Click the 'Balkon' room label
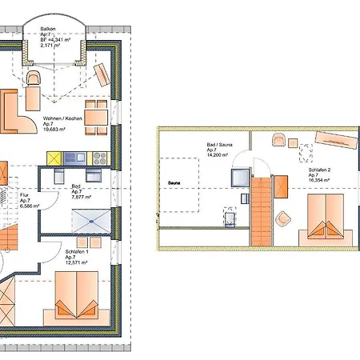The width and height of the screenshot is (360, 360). point(48,26)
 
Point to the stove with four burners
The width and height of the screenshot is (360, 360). point(102,156)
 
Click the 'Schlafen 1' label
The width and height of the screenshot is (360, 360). point(78,250)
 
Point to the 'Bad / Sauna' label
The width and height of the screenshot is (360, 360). point(219,145)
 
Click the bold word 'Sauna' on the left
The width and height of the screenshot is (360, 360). point(174,182)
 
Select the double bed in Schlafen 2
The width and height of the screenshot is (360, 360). point(324,220)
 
